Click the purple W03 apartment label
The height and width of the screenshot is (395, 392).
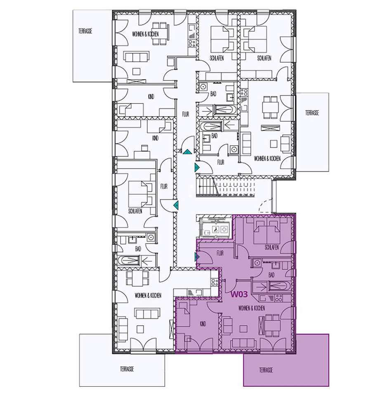[x=239, y=294]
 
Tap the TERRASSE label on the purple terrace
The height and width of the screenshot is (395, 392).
[x=266, y=370]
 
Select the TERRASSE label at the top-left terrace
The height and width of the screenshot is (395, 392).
[x=85, y=31]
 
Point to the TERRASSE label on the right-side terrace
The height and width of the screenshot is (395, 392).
[x=312, y=113]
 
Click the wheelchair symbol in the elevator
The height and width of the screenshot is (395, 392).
[x=216, y=230]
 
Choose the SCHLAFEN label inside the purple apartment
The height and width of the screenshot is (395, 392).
[x=272, y=247]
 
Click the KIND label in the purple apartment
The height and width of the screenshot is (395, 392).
[x=203, y=324]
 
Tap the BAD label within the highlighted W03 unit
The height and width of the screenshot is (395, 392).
[x=271, y=275]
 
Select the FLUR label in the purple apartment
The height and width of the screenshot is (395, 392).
[x=220, y=253]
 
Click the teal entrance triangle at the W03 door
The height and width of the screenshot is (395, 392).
[x=197, y=257]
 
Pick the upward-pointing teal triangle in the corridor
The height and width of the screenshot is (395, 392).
[x=187, y=152]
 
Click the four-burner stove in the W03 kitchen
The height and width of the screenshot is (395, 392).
[x=279, y=298]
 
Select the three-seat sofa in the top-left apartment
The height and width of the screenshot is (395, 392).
[x=136, y=57]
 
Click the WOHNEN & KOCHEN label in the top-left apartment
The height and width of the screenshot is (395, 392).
[x=146, y=34]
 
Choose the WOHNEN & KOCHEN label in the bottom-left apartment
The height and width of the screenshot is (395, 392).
[x=148, y=295]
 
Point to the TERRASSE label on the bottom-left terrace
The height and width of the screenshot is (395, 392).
[x=127, y=369]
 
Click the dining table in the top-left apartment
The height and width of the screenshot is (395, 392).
[x=159, y=33]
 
